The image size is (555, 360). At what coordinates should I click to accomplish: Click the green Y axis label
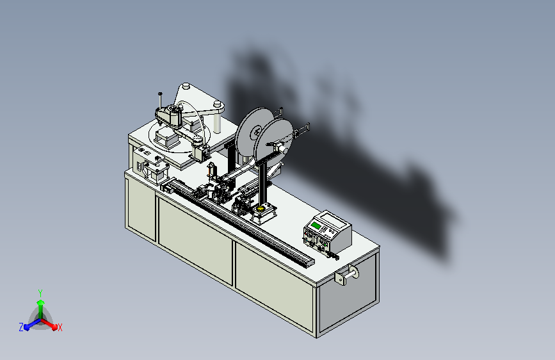click(40, 293)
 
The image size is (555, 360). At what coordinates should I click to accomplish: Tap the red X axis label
click(60, 327)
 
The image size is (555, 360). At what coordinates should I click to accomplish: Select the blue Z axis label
click(21, 327)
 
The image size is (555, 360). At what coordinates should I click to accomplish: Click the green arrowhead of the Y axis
click(41, 302)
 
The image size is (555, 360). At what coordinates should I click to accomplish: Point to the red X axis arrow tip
click(54, 327)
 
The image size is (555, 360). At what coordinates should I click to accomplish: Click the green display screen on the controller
click(315, 225)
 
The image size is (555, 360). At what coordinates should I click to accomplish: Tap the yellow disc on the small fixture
click(262, 208)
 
